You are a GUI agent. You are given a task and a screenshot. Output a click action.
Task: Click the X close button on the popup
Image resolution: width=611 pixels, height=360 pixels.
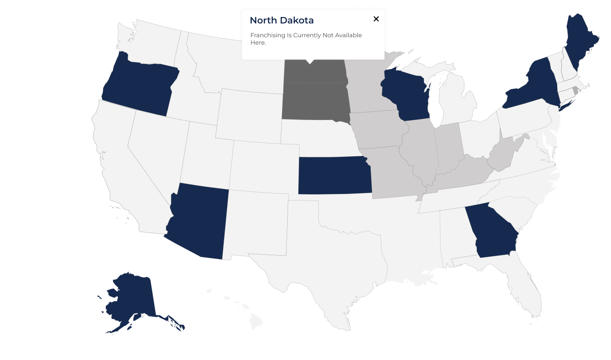tap(376, 19)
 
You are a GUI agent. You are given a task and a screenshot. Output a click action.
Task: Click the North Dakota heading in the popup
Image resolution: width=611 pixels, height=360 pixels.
tap(282, 21)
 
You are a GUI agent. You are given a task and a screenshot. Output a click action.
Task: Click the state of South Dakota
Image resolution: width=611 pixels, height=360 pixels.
tap(315, 101)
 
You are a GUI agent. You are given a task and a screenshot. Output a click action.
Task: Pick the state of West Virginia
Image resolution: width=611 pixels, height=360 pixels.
tap(503, 156)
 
